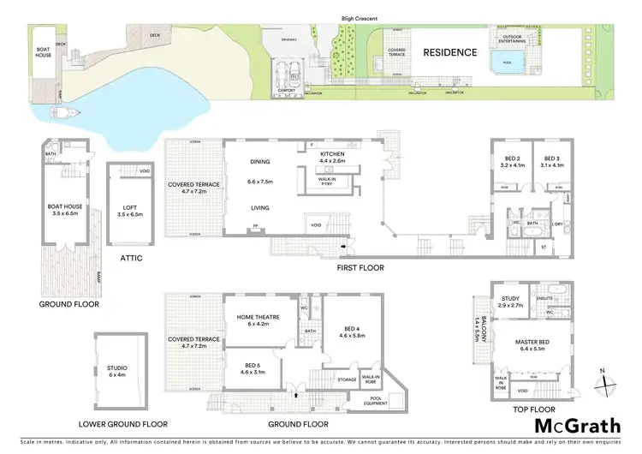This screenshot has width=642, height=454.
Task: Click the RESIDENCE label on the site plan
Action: tap(450, 52)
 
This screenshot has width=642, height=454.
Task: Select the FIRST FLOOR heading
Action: tap(360, 268)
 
